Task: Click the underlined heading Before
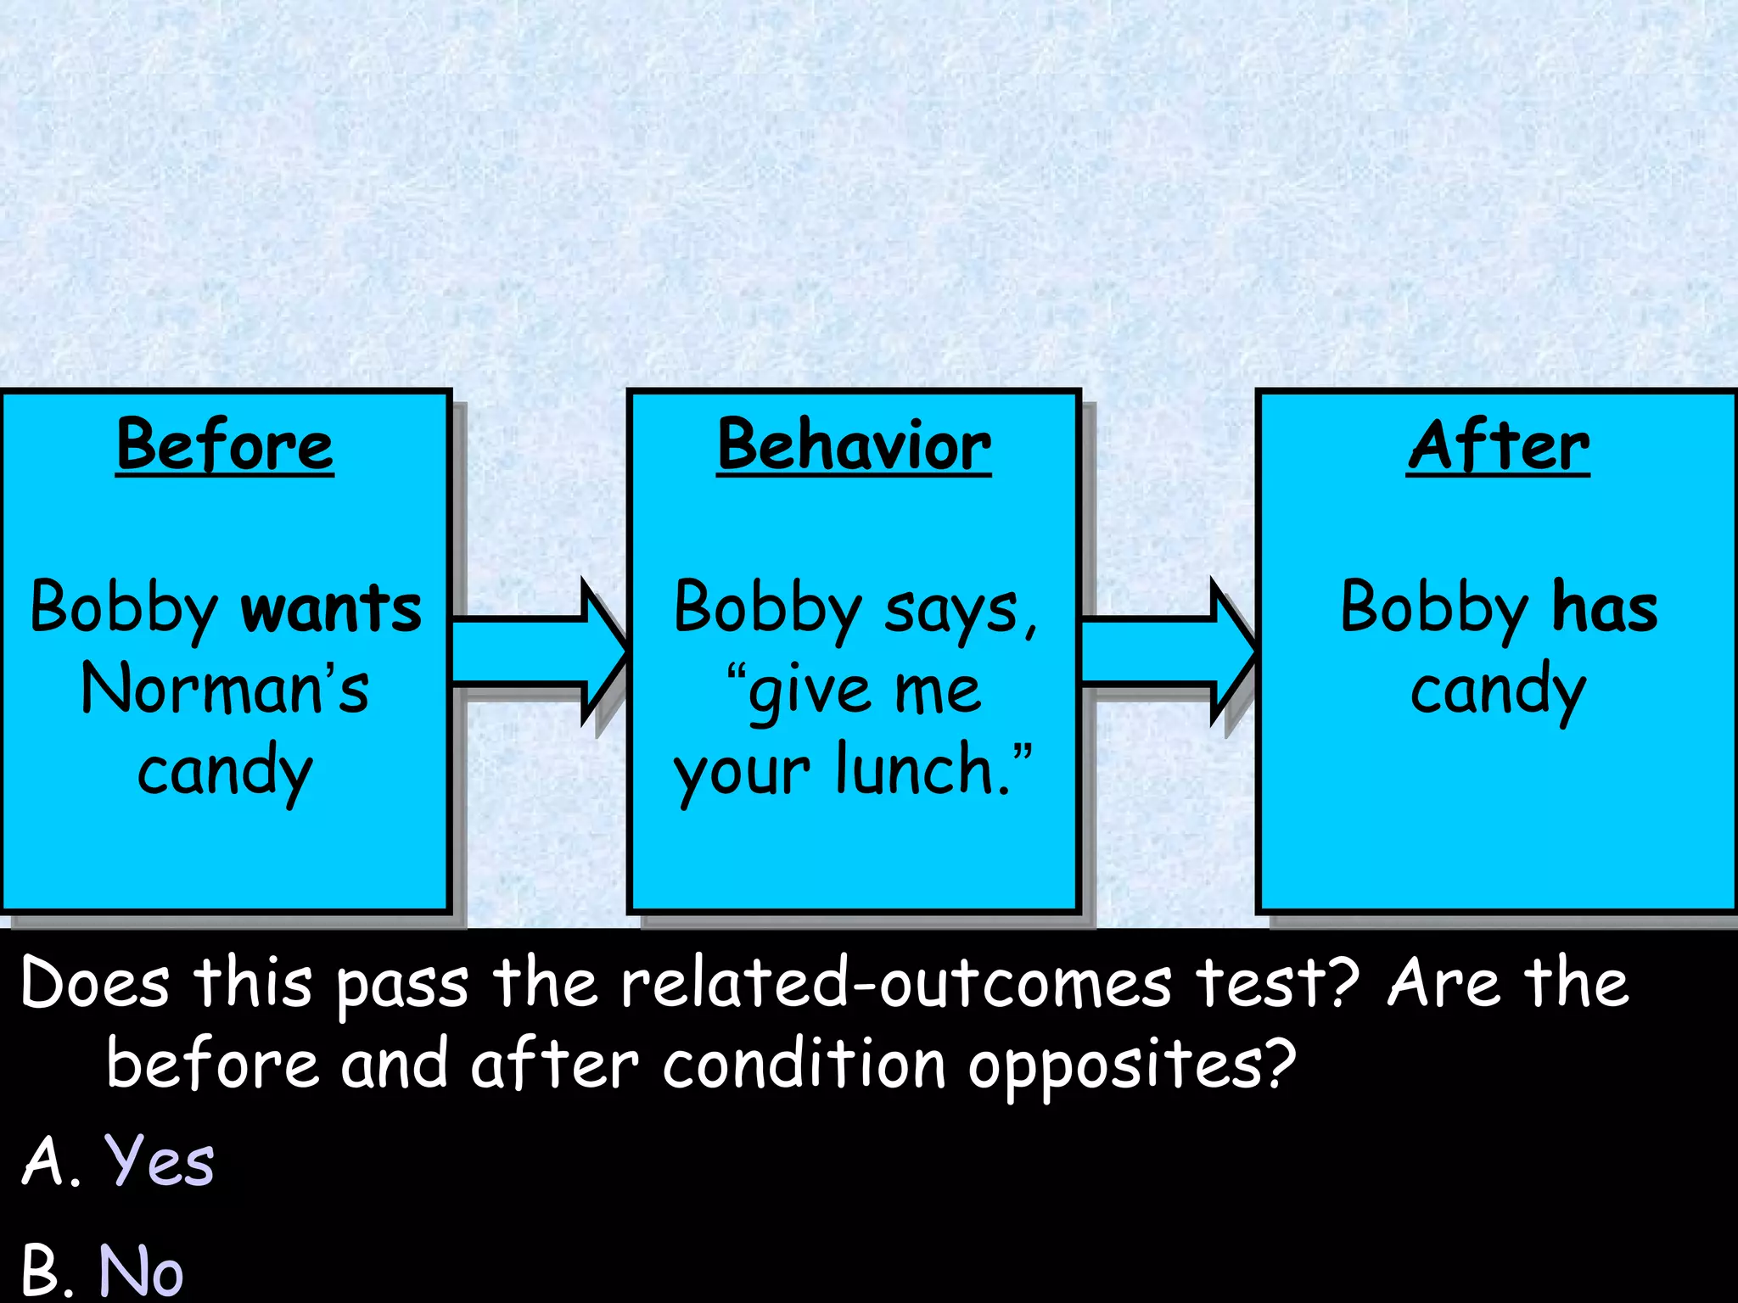coord(225,445)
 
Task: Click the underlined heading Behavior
coord(854,445)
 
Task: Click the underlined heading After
coord(1498,445)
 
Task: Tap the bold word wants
coord(331,607)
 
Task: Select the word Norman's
coord(225,689)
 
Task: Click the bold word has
coord(1604,607)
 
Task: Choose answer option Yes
coord(159,1160)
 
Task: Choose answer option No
coord(141,1269)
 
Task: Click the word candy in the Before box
coord(225,770)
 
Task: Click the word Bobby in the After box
coord(1433,607)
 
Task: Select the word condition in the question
coord(804,1065)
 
